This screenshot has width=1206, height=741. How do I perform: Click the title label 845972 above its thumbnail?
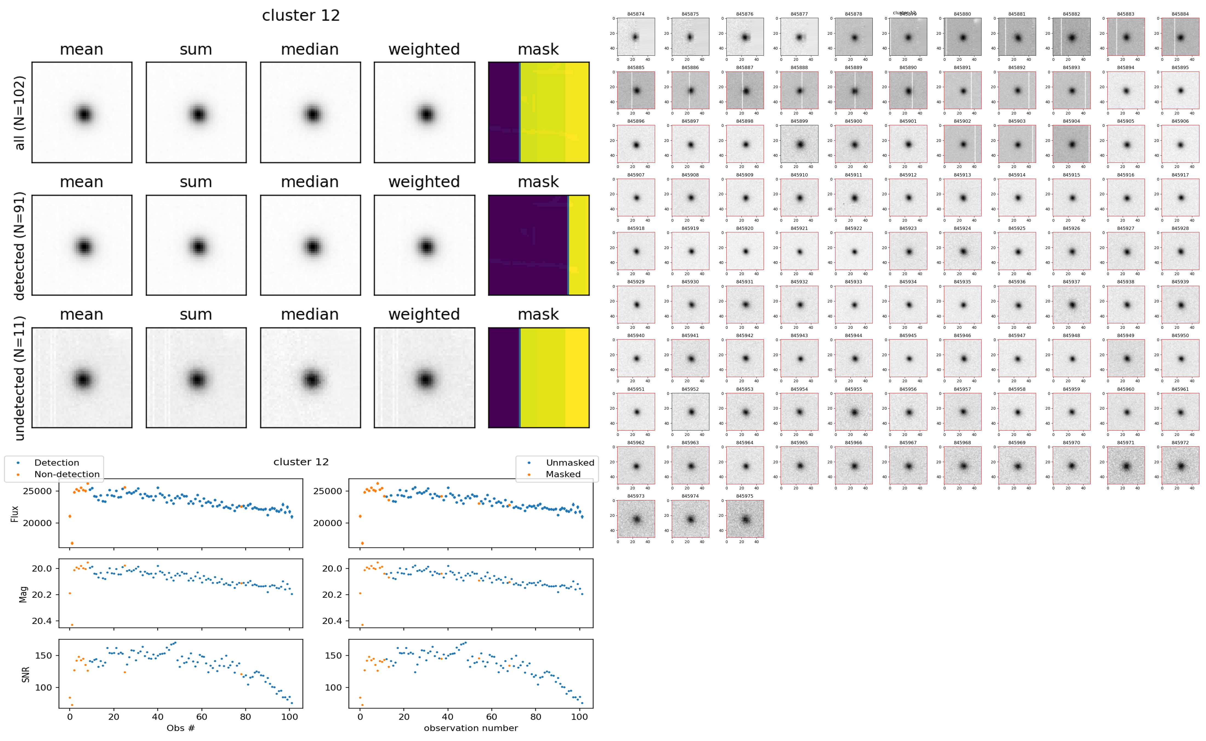click(1180, 443)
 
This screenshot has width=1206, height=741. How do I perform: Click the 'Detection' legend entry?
click(56, 463)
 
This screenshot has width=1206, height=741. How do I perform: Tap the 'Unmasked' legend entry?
click(570, 463)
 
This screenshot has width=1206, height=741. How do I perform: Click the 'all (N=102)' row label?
click(20, 113)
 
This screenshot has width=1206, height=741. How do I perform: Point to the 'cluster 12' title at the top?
click(301, 16)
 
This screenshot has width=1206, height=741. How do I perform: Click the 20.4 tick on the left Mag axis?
click(42, 621)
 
